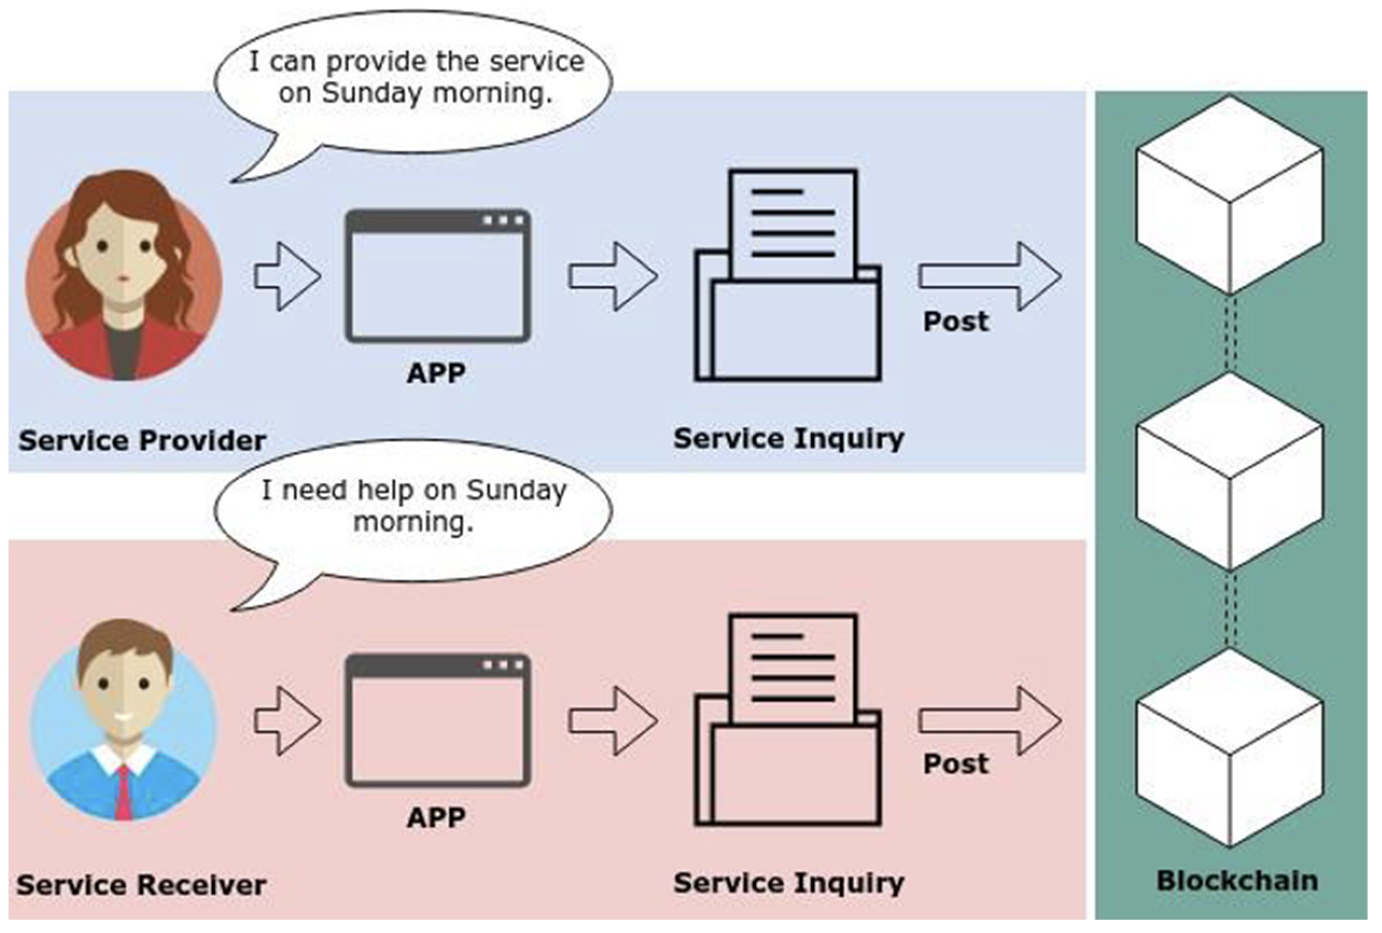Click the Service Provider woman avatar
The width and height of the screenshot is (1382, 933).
tap(124, 275)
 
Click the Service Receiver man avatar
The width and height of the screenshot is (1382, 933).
tap(124, 720)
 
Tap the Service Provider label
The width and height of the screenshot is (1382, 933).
tap(142, 441)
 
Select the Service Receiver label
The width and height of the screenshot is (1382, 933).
tap(142, 885)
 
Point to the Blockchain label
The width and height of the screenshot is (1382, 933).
tap(1237, 881)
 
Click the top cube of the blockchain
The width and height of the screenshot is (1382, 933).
tap(1230, 194)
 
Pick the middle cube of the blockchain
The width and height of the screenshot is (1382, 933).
tap(1230, 471)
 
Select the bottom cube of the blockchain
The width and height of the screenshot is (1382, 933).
tap(1230, 748)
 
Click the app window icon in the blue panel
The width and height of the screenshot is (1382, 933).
tap(438, 276)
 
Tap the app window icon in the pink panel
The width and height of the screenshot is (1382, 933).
tap(438, 721)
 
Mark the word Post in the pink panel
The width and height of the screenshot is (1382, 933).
tap(956, 764)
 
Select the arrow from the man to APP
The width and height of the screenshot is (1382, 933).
tap(288, 721)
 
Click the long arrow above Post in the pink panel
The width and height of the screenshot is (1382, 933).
tap(990, 721)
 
